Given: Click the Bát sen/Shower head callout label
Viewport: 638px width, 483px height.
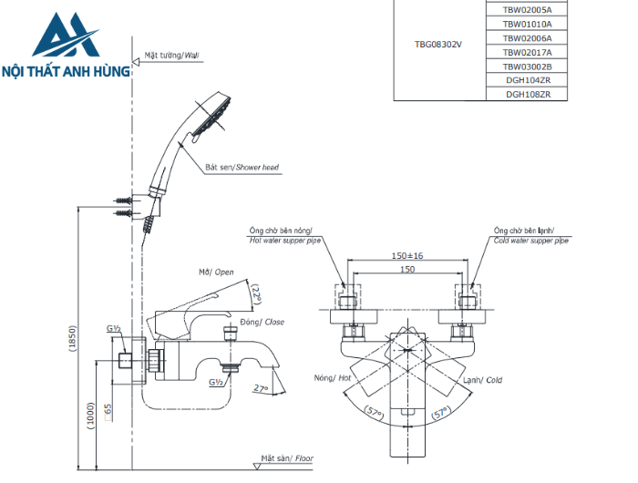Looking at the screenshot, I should pyautogui.click(x=242, y=168).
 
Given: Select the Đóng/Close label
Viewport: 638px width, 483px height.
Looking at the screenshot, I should pyautogui.click(x=261, y=322).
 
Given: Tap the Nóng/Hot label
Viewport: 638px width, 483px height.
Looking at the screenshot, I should pyautogui.click(x=333, y=378).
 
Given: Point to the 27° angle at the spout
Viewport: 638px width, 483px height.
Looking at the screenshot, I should pyautogui.click(x=262, y=388).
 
